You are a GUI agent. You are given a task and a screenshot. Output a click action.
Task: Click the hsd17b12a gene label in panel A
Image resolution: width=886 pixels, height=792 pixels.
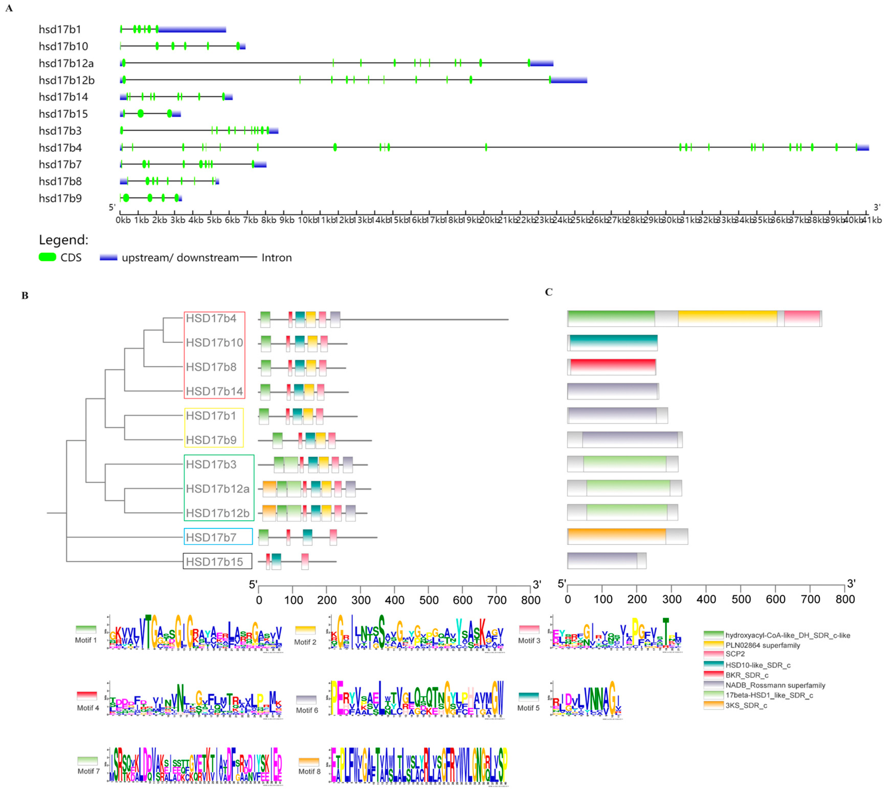[66, 64]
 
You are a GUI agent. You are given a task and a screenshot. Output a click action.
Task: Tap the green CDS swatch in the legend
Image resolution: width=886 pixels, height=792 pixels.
[48, 257]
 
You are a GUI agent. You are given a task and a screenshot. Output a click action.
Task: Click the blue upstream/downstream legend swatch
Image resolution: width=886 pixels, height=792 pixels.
[108, 258]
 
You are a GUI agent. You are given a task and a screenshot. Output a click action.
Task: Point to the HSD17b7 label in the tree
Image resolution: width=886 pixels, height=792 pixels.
[211, 538]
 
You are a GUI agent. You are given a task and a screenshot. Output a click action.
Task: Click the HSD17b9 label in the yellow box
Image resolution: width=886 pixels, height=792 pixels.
[211, 440]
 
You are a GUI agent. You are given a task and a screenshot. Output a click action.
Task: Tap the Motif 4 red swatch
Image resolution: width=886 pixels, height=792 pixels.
[87, 695]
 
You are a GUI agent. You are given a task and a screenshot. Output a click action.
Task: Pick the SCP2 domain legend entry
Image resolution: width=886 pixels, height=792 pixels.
[735, 654]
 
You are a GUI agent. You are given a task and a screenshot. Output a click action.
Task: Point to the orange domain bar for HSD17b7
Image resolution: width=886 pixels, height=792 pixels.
[616, 537]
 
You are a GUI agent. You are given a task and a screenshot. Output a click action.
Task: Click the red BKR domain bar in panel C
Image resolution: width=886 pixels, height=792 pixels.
[613, 367]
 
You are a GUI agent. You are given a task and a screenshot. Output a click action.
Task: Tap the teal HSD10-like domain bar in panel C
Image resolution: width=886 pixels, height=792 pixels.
[613, 342]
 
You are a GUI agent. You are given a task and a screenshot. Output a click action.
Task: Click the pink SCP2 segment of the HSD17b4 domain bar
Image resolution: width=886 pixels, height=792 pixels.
[802, 318]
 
